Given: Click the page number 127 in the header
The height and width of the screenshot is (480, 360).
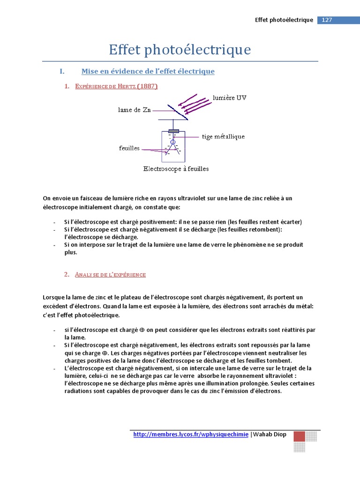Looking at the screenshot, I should (327, 20).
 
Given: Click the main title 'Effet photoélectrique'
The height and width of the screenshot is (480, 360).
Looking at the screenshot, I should (180, 50).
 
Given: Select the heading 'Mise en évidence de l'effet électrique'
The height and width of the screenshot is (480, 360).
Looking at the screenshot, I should (148, 71).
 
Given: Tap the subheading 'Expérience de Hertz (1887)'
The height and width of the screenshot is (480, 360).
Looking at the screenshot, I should (116, 86).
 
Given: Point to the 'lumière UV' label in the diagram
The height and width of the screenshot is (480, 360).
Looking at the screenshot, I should (229, 98).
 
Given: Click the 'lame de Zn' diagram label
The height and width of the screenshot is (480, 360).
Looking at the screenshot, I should (134, 110).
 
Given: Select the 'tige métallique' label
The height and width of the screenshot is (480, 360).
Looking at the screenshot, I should (223, 137).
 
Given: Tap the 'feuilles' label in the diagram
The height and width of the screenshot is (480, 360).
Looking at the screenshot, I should (129, 148).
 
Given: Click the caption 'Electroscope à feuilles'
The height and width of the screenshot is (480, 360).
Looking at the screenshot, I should (176, 169).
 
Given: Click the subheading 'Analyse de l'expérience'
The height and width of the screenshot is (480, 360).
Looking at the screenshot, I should (110, 275).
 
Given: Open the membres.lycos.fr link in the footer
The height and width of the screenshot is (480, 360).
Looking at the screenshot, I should (191, 435).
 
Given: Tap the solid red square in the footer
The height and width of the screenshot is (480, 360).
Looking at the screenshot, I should (299, 436).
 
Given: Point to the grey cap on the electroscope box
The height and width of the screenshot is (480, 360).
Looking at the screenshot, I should (173, 131).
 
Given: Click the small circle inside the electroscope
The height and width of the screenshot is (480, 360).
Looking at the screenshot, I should (172, 142).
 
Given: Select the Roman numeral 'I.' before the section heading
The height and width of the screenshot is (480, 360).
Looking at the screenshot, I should (61, 71).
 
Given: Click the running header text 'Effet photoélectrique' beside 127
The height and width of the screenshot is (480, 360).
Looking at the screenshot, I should (284, 20).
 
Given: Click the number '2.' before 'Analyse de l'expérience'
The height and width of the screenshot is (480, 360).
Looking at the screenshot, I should (67, 275).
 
